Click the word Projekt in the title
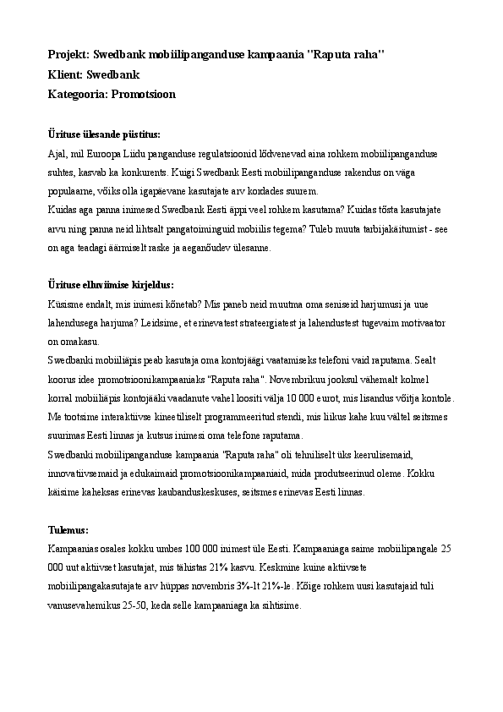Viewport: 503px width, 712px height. [68, 55]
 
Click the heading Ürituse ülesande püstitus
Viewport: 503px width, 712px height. [104, 134]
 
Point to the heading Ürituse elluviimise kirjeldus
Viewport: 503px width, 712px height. [111, 284]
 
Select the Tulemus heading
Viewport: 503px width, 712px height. [68, 530]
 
